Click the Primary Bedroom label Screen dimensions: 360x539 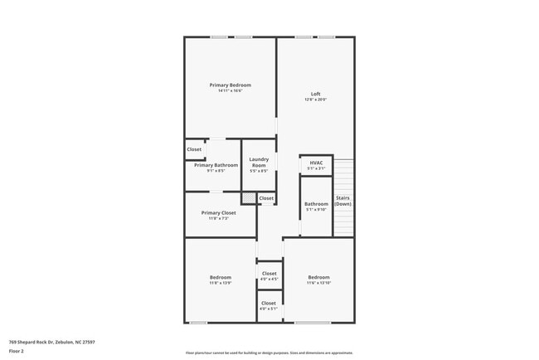pos(230,85)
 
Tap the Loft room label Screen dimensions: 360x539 pos(315,94)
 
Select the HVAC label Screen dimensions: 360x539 pos(316,163)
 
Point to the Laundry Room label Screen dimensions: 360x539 pos(259,160)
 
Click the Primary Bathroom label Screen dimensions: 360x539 pos(216,165)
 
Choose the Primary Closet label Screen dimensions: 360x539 pos(218,212)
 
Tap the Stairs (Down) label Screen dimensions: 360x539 pos(342,200)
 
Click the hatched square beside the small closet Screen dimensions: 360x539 pos(248,198)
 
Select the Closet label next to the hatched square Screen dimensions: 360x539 pos(266,198)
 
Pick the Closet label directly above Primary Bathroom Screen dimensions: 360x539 pos(194,149)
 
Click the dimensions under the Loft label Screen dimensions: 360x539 pos(315,100)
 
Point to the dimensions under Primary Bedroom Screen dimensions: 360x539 pos(230,91)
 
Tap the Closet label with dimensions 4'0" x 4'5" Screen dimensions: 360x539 pos(269,273)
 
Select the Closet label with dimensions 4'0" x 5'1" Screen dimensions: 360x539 pos(269,303)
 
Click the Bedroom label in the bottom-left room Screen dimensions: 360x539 pos(220,277)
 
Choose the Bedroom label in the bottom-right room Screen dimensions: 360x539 pos(318,277)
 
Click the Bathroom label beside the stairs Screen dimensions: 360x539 pos(316,203)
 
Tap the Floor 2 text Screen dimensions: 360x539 pos(17,351)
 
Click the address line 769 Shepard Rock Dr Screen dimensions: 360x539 pos(51,341)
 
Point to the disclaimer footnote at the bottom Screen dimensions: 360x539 pos(269,353)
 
